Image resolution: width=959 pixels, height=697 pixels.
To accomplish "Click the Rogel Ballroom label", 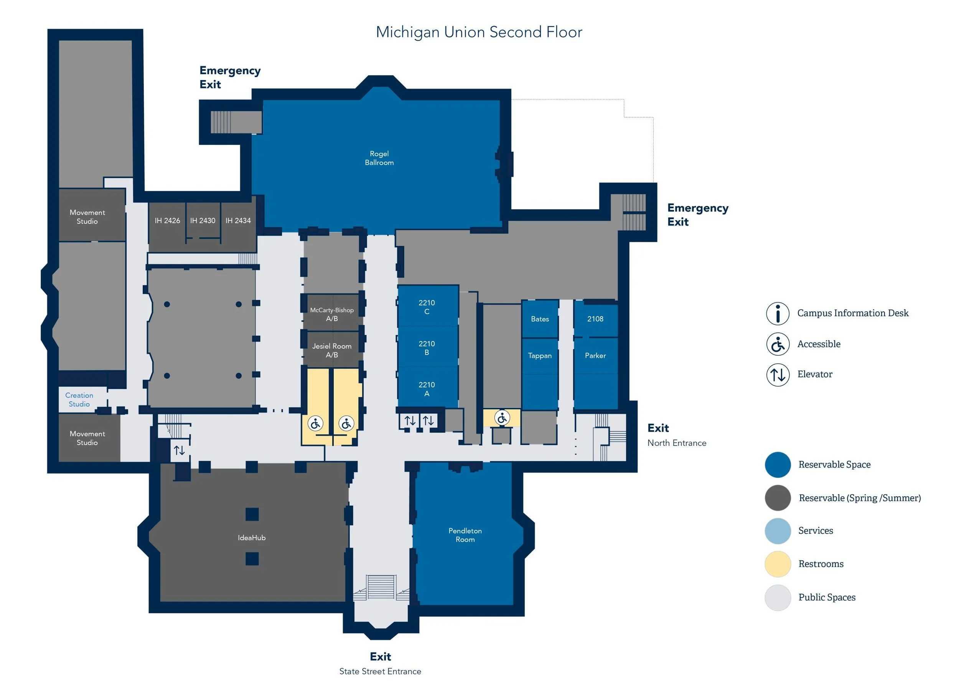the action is [x=379, y=158].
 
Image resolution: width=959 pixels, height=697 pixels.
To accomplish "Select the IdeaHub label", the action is [x=252, y=538].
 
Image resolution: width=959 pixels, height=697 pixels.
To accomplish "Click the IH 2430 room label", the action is [x=203, y=220].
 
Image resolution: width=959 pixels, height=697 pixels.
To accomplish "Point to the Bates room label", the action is [x=540, y=319].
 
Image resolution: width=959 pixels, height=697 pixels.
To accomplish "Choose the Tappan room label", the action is [x=540, y=355].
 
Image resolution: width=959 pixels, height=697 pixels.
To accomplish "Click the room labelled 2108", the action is [x=595, y=319].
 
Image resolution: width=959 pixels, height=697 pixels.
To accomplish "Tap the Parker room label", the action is [x=595, y=355].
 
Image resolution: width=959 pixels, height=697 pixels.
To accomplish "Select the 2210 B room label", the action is [x=426, y=348].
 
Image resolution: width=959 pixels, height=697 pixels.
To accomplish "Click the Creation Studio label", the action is [x=79, y=399].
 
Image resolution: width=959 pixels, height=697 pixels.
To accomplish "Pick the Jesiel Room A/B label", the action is [x=331, y=350].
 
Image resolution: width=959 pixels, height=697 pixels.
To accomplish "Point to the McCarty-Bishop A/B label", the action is [x=331, y=314].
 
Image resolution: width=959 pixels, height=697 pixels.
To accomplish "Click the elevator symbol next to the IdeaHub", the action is [x=179, y=450].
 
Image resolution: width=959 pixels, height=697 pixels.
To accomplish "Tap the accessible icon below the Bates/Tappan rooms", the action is [x=502, y=418].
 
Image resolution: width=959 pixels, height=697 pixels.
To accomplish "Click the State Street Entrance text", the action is [x=380, y=671].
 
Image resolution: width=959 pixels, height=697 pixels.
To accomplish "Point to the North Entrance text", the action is [x=677, y=443].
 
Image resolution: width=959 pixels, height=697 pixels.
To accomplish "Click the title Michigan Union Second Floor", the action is [x=479, y=32].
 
